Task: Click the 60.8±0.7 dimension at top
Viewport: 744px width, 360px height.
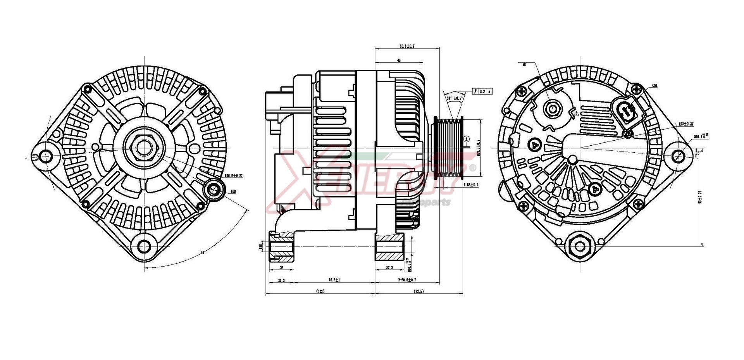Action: [x=407, y=46]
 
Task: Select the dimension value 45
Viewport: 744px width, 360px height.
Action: [x=399, y=60]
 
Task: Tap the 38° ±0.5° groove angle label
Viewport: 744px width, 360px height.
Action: [x=455, y=98]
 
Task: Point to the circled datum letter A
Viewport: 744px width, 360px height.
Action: [x=467, y=139]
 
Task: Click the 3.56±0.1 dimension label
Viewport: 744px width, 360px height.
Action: [x=471, y=185]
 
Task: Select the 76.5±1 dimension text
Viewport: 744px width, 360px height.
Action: [x=334, y=280]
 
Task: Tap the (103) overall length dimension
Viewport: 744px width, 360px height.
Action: [x=320, y=291]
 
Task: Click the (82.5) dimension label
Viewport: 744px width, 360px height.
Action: [x=418, y=291]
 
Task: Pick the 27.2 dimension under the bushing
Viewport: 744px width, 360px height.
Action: [x=389, y=268]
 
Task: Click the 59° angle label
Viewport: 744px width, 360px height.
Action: [x=203, y=253]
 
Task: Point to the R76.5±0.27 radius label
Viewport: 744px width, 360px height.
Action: [x=234, y=176]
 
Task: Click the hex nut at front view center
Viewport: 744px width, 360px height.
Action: [x=144, y=148]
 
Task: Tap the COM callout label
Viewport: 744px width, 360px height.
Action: [x=655, y=85]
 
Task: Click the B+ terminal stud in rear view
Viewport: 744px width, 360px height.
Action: [x=552, y=109]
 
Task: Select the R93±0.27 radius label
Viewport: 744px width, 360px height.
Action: [x=686, y=124]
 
